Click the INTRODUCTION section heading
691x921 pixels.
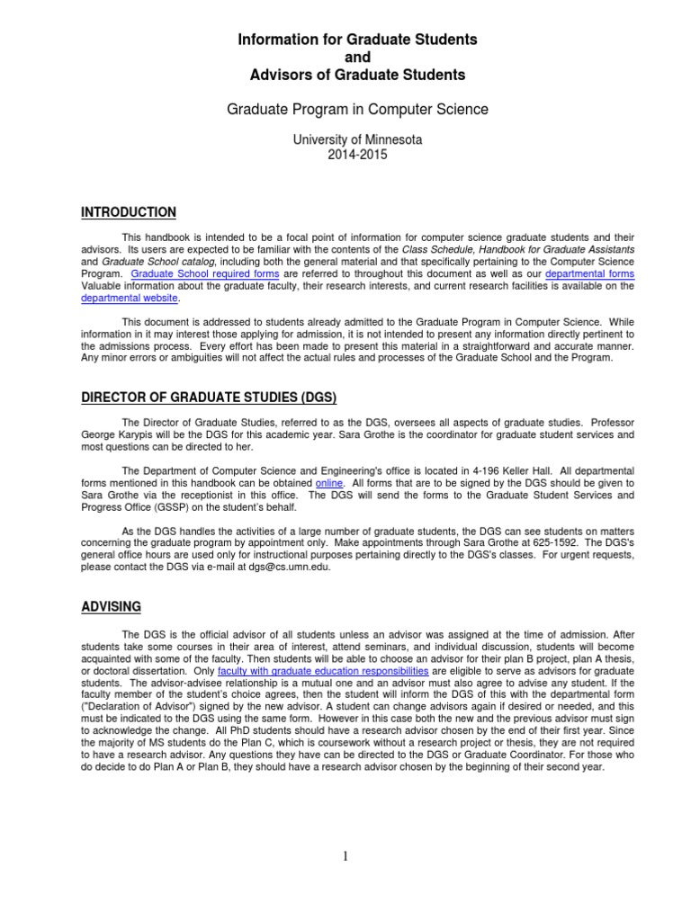[x=129, y=212]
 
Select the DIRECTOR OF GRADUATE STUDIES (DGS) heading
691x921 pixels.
[x=210, y=398]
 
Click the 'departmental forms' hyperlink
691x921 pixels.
[x=589, y=273]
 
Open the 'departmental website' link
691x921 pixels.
[x=130, y=299]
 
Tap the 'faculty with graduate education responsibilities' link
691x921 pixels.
[x=323, y=671]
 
